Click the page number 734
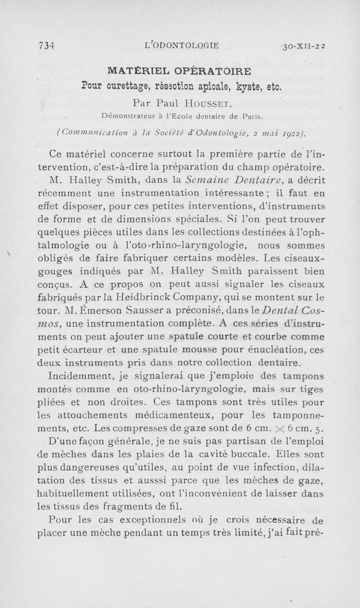(47, 45)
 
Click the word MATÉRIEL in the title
(135, 72)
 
